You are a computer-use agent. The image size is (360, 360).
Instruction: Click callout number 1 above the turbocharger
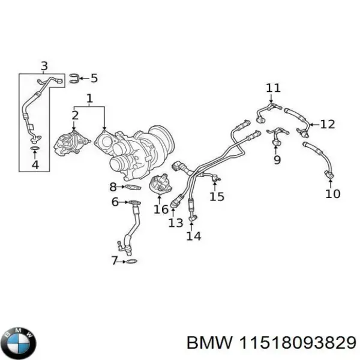89,98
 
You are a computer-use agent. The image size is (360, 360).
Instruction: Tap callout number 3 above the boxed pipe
43,65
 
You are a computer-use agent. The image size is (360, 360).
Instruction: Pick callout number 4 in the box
35,163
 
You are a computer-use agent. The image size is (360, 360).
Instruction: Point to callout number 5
94,77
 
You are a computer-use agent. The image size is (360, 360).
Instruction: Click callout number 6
115,202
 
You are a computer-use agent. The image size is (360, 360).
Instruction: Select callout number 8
113,187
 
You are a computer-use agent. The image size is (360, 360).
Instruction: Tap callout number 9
277,160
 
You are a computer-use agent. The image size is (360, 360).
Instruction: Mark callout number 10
332,193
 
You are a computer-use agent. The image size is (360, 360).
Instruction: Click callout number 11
273,88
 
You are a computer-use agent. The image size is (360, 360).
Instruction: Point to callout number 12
327,124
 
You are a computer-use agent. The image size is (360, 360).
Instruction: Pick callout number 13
175,223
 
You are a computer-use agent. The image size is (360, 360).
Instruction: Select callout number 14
193,236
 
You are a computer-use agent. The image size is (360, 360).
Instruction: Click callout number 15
217,196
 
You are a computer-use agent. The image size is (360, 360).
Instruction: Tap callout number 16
161,209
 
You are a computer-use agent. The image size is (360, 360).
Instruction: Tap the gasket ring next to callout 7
131,261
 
